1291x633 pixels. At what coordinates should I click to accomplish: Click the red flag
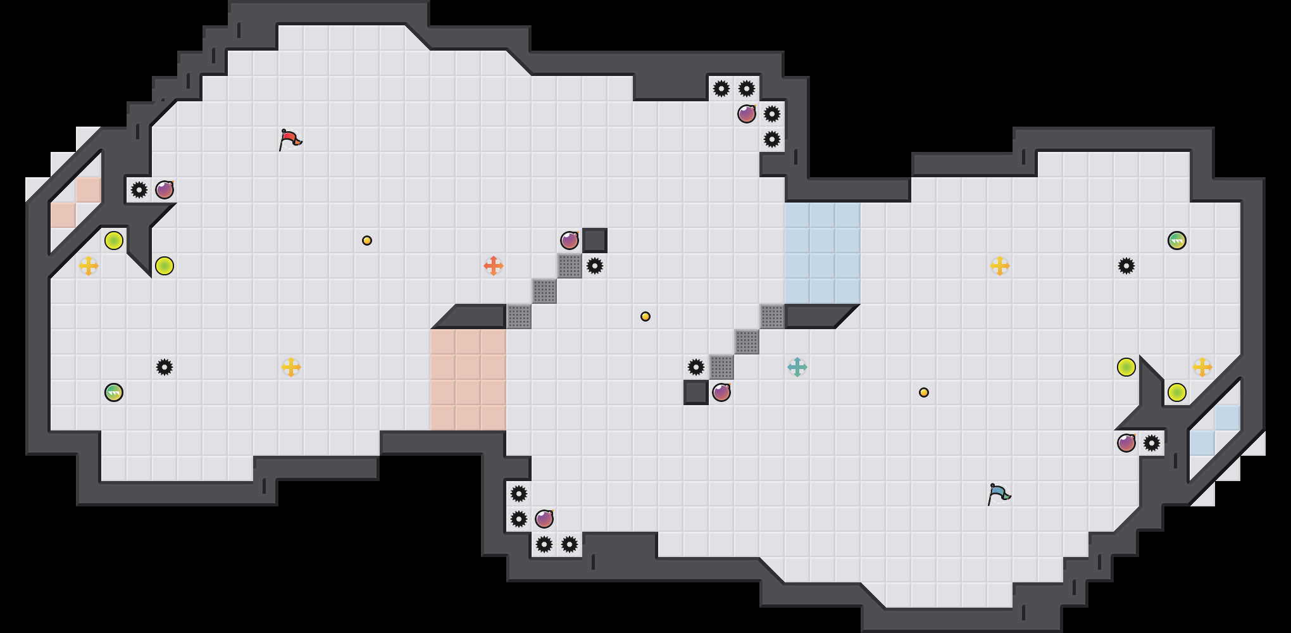coord(290,139)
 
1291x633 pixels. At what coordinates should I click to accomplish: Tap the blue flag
coord(999,494)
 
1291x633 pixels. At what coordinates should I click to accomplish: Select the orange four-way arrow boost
coord(494,266)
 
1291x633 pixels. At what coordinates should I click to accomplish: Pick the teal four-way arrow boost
coord(797,367)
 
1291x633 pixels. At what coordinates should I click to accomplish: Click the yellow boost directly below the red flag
coord(291,367)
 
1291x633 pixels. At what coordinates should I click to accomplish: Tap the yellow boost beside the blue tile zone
coord(1000,266)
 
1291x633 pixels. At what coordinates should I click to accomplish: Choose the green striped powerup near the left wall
coord(114,392)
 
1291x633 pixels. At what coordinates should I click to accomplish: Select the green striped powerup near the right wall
coord(1177,241)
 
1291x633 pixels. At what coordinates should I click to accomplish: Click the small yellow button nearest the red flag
coord(367,241)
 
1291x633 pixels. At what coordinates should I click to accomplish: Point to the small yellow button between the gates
coord(645,316)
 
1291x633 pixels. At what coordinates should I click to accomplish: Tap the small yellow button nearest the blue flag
coord(924,392)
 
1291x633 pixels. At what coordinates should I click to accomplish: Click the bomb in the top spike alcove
coord(747,114)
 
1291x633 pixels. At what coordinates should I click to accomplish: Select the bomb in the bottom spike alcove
coord(544,519)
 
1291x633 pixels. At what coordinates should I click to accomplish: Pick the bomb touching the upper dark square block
coord(570,241)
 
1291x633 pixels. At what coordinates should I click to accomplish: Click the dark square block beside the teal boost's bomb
coord(696,392)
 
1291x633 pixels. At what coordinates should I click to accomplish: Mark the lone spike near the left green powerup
coord(165,367)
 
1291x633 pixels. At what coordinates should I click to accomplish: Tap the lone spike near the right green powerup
coord(1126,266)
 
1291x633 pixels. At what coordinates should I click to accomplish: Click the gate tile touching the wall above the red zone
coord(519,316)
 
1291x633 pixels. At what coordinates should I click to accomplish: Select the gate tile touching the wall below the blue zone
coord(772,316)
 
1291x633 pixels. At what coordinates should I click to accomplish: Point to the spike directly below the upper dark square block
coord(595,266)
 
